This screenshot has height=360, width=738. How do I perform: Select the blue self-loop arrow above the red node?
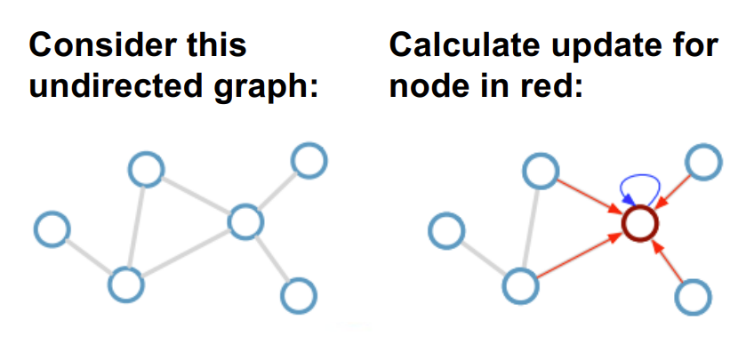coord(640,183)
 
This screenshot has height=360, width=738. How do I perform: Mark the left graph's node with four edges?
coord(245,220)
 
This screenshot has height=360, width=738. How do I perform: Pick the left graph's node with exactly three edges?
coord(125,284)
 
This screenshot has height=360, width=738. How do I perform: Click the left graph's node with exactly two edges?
coord(145,167)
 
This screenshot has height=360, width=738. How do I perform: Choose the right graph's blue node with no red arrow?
coord(447,230)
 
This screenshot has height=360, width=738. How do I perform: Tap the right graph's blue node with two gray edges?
coord(521,285)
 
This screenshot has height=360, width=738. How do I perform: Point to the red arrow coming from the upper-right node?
coord(676,188)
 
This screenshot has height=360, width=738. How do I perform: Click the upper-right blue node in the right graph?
coord(703,162)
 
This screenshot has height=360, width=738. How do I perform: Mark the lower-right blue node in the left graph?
coord(299,292)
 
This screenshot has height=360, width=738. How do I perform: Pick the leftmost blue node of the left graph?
coord(52,229)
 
